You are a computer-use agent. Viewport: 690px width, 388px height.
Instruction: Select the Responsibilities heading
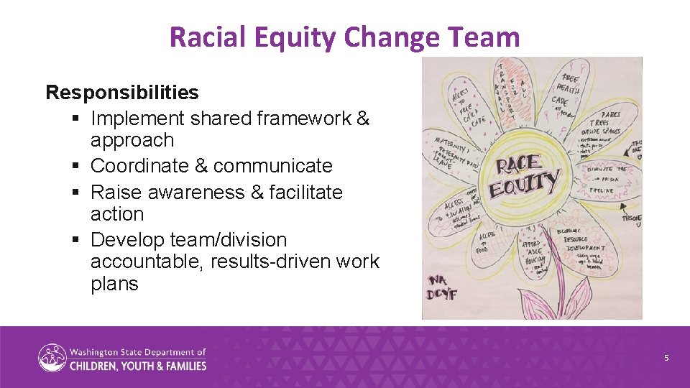[x=122, y=93]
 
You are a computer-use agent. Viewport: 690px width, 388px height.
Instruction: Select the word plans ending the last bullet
[x=114, y=284]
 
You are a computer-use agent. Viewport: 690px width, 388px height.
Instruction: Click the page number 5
[x=666, y=358]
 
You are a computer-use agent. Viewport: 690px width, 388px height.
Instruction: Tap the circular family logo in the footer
[x=52, y=358]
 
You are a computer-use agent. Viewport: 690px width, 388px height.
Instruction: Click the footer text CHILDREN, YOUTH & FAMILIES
[x=137, y=366]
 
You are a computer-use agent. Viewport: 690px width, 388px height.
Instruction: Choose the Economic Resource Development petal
[x=584, y=244]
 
